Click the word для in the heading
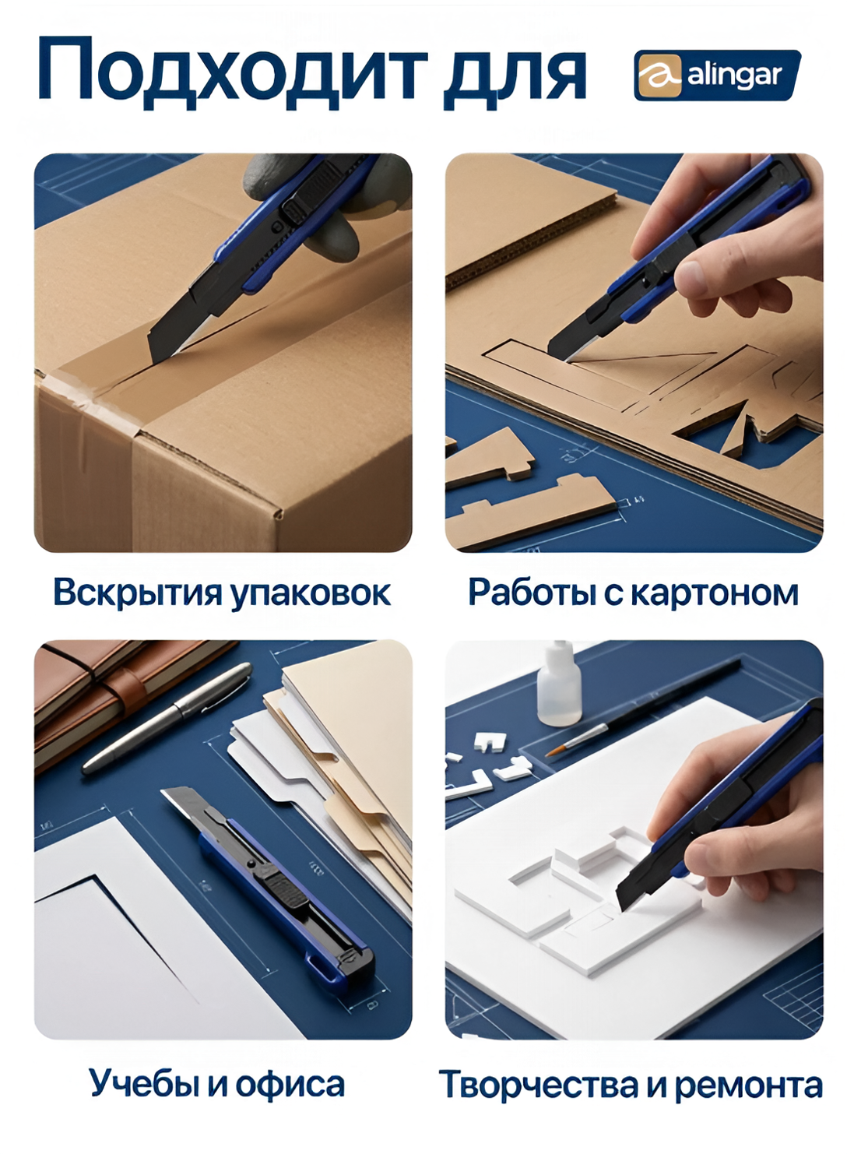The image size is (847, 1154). pyautogui.click(x=515, y=76)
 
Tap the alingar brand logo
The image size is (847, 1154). pyautogui.click(x=717, y=76)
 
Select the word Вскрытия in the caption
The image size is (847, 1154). pyautogui.click(x=138, y=593)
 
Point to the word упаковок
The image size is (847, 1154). pyautogui.click(x=310, y=593)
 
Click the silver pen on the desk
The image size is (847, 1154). pyautogui.click(x=167, y=718)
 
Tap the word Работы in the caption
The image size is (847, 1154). pyautogui.click(x=531, y=593)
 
